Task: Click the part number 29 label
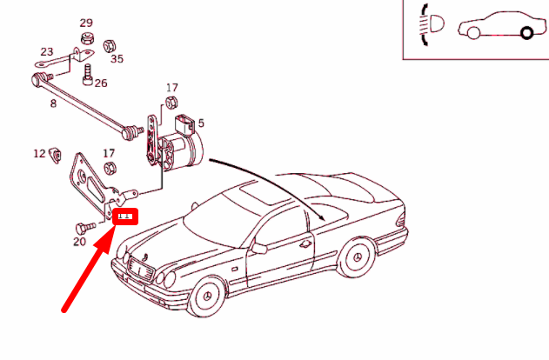86,23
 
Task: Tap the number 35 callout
117,59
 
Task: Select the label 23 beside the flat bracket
46,52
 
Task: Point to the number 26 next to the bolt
101,83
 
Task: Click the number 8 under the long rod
53,103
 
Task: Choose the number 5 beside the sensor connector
201,123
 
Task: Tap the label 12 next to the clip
39,154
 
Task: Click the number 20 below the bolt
79,242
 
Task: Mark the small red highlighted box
126,216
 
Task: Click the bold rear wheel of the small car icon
526,33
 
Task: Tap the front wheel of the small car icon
473,33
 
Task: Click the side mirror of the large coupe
259,249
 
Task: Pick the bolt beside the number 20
84,226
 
